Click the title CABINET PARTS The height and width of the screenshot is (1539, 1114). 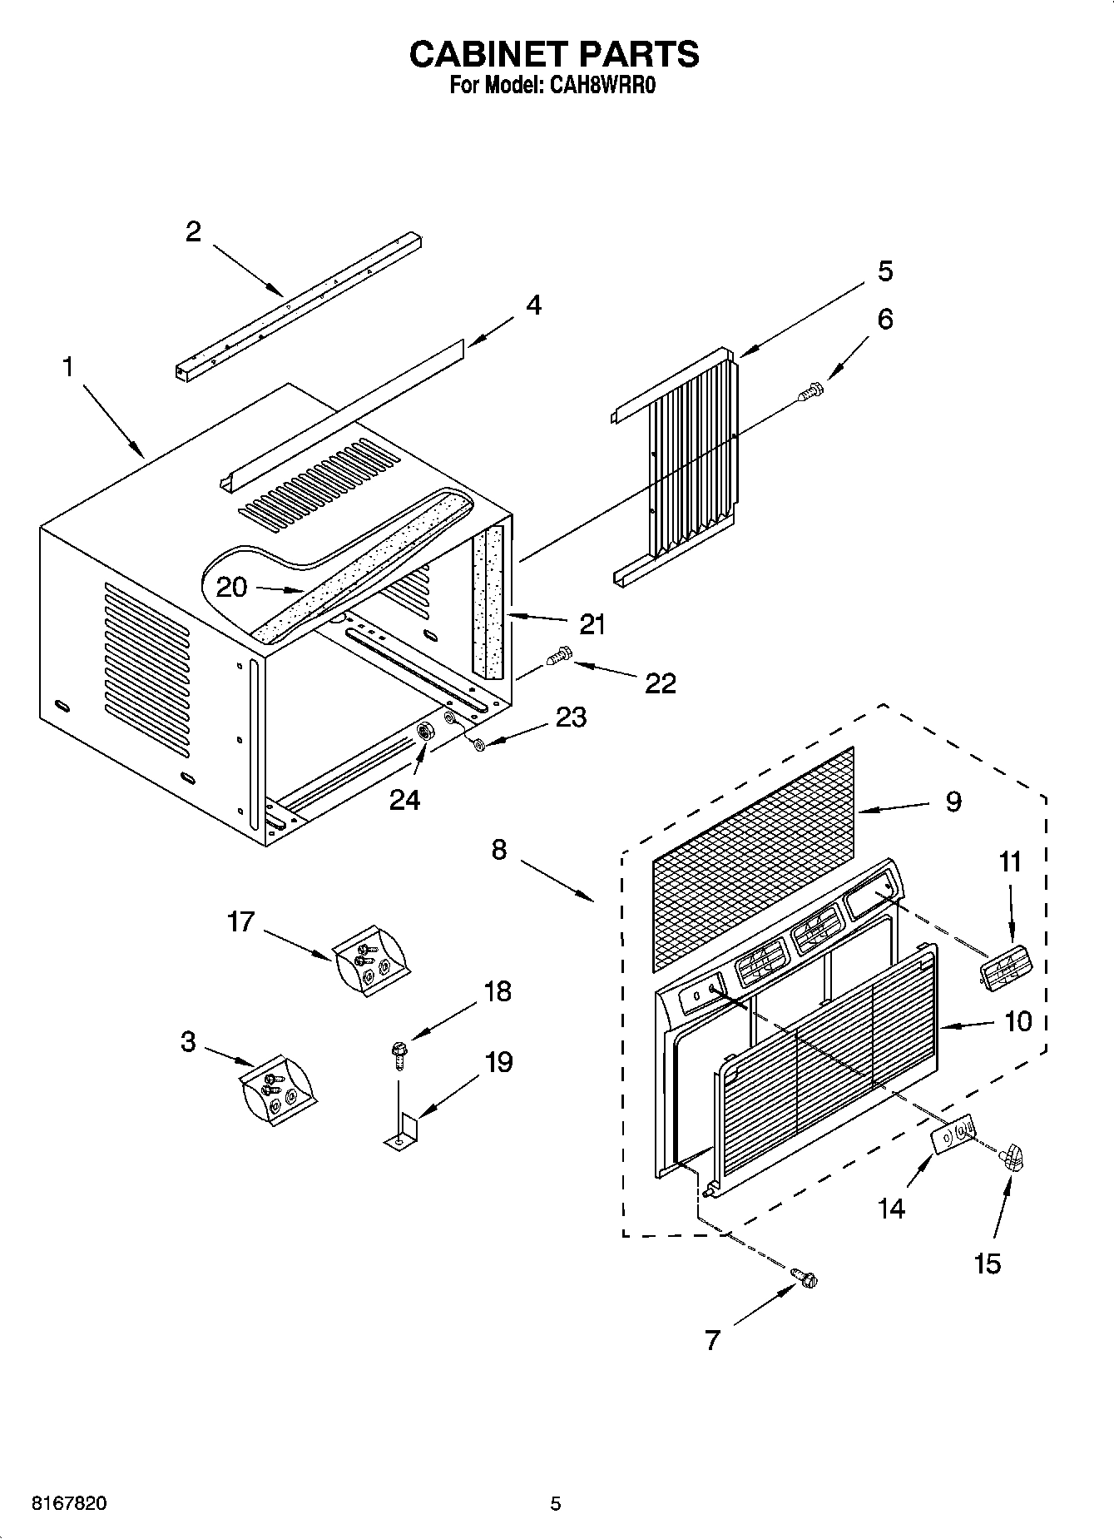click(x=554, y=54)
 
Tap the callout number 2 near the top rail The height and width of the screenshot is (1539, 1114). click(x=193, y=231)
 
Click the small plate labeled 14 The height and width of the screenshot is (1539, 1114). click(x=953, y=1136)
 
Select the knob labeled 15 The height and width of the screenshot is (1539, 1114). click(x=1012, y=1156)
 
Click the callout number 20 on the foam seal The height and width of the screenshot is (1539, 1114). click(x=232, y=587)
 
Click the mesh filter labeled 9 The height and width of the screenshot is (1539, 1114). click(x=753, y=857)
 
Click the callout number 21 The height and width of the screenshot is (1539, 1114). click(x=592, y=624)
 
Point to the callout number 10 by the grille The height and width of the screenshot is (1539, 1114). click(x=1017, y=1021)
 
